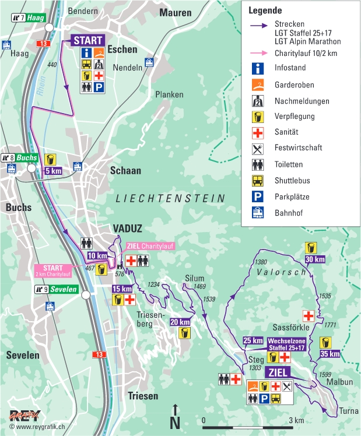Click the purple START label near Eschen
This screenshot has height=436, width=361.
click(x=88, y=40)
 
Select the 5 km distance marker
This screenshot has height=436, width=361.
click(x=52, y=171)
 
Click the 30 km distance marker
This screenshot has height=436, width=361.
click(x=315, y=259)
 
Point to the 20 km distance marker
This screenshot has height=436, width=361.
click(x=181, y=322)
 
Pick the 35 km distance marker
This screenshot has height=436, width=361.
click(x=330, y=353)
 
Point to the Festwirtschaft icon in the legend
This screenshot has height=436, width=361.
click(x=258, y=148)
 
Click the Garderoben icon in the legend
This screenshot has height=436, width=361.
click(x=258, y=85)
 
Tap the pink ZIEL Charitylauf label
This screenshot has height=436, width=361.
click(x=150, y=246)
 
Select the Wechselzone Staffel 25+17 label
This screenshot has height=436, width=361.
click(x=286, y=344)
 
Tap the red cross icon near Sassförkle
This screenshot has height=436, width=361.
click(x=309, y=316)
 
